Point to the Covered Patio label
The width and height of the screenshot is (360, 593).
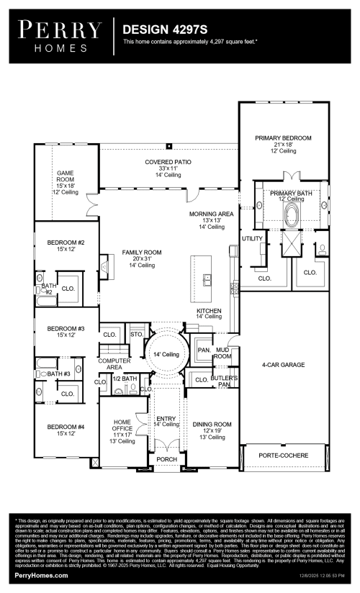click(x=168, y=163)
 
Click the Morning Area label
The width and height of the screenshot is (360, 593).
click(x=212, y=214)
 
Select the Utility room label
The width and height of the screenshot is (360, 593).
click(x=252, y=238)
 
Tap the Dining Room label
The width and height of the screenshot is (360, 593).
click(x=212, y=425)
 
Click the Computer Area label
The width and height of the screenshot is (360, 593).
click(x=114, y=363)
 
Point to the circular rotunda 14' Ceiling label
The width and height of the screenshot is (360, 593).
click(x=166, y=355)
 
